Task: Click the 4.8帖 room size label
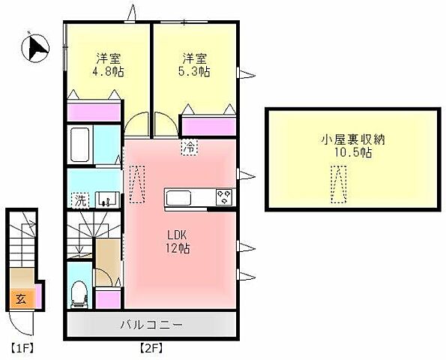pos(108,73)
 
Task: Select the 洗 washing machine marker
pos(79,200)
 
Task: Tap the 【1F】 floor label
pos(23,349)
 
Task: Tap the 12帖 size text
pos(178,248)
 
